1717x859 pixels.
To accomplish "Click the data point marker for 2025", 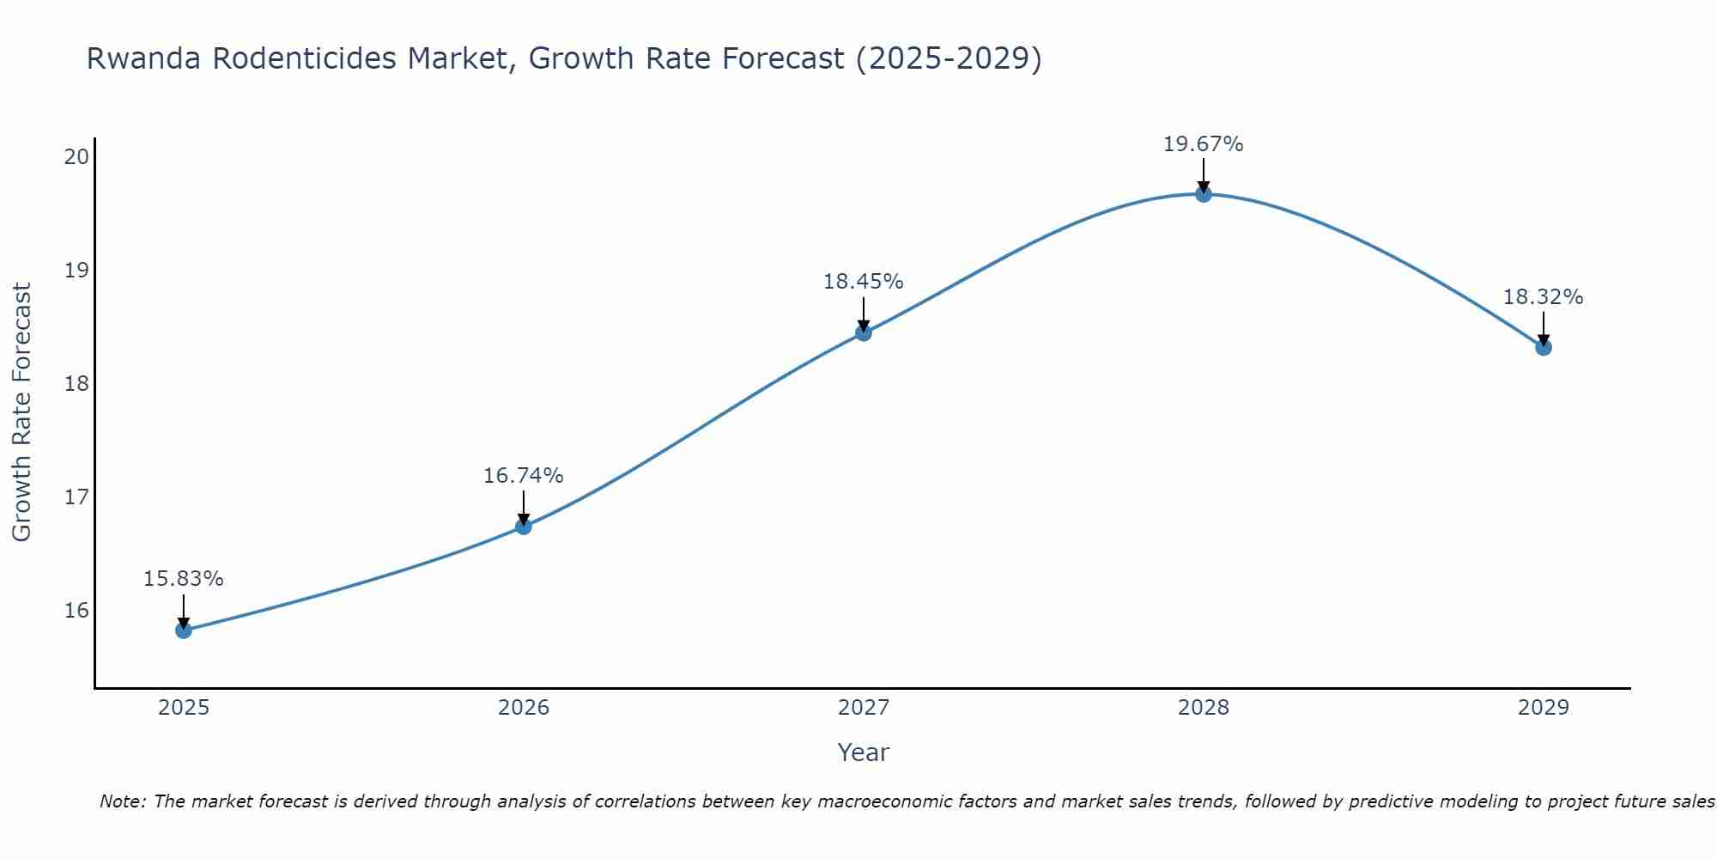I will (x=184, y=631).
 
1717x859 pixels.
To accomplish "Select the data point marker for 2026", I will (x=524, y=527).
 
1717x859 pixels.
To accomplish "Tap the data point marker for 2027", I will (x=864, y=332).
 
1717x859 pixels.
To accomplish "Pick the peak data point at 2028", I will (x=1204, y=194).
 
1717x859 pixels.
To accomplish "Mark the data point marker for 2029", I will (x=1544, y=347).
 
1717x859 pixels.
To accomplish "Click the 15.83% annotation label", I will (x=184, y=579).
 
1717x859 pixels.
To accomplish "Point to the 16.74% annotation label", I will (x=524, y=476).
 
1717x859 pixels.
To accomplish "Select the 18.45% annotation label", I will (x=864, y=282).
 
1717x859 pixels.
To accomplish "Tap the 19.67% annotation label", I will (x=1204, y=144).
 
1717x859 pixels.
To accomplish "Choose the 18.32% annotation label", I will (x=1544, y=297).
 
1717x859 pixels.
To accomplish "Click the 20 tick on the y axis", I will (x=77, y=156).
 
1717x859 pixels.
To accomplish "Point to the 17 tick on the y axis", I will (x=77, y=497).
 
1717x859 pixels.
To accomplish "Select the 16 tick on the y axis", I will (x=77, y=611).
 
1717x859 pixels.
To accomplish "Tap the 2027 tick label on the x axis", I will (x=864, y=708).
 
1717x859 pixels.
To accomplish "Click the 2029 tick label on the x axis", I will (x=1544, y=708).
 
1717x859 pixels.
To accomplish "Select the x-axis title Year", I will (x=864, y=752).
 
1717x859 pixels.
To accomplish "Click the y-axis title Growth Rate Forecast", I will (x=22, y=412).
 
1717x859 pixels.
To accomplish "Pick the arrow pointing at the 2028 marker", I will (x=1204, y=174).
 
